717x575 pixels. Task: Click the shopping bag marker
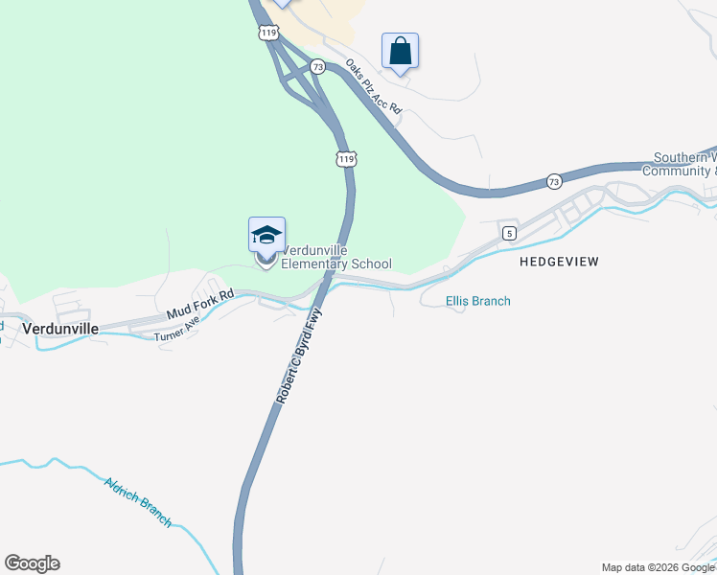401,52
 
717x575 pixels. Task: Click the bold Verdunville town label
60,328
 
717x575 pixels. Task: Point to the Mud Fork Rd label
199,305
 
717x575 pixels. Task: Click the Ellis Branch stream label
478,301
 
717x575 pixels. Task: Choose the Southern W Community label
684,165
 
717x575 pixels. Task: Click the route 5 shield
508,233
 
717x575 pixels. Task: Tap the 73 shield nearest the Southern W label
554,180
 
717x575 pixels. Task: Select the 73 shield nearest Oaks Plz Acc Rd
317,67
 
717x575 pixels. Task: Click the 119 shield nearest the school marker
347,158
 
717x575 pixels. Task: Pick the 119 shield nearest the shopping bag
267,32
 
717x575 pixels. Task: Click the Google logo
32,563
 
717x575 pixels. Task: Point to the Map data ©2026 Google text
658,567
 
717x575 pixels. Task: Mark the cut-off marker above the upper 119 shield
281,3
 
